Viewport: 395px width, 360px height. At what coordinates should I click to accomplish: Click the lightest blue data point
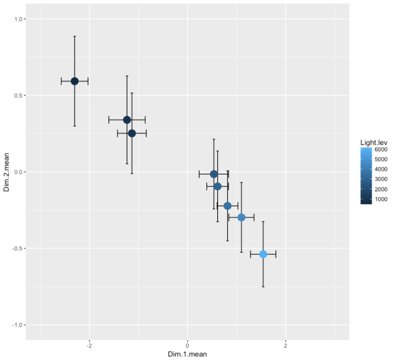pos(263,254)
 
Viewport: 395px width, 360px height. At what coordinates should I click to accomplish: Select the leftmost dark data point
pos(74,81)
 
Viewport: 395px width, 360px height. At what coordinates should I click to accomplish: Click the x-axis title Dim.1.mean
pos(187,355)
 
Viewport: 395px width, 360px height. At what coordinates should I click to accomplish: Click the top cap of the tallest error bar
pos(74,36)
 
